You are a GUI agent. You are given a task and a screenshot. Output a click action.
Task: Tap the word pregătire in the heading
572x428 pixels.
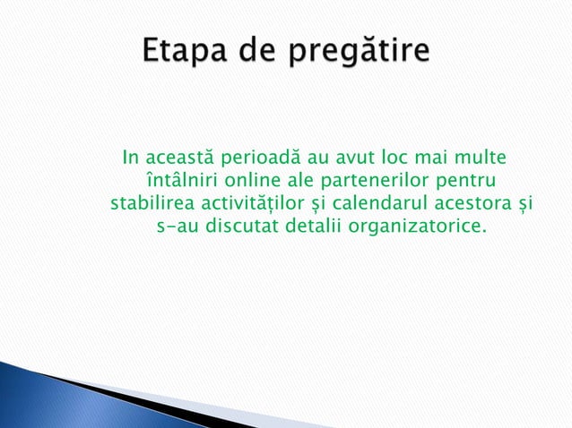coord(359,51)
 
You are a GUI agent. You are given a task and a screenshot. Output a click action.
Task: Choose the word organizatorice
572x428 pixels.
coord(420,225)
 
